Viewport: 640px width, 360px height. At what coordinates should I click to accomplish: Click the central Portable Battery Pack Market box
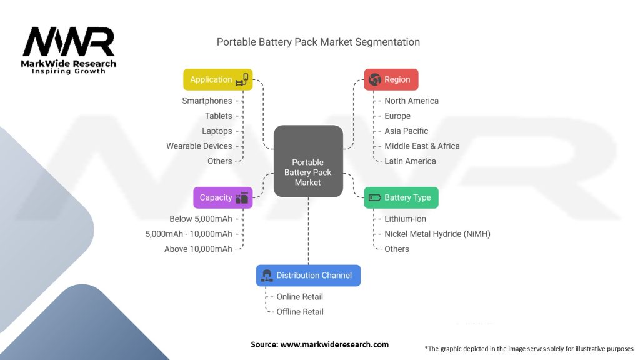[308, 161]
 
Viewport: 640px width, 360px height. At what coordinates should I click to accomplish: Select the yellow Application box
[218, 79]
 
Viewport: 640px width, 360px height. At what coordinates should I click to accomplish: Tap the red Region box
[391, 79]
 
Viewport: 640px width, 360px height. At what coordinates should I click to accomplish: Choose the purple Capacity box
[223, 197]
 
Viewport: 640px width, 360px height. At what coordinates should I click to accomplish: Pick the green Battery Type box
[401, 197]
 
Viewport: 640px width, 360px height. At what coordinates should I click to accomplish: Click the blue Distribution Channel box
[308, 276]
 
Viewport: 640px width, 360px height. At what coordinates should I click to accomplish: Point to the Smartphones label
[207, 101]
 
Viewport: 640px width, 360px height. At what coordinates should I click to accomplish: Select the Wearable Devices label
[199, 146]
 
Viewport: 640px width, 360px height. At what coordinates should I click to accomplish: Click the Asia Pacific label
[406, 131]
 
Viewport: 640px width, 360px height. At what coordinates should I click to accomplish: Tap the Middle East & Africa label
[422, 146]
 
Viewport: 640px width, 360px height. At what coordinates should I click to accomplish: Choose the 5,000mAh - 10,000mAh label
[189, 234]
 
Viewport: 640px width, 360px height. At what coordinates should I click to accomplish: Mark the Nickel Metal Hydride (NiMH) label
[437, 234]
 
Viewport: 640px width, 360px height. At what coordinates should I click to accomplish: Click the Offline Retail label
[300, 312]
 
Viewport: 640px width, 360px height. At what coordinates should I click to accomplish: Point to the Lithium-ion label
[405, 219]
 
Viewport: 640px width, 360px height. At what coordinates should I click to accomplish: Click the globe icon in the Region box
[375, 79]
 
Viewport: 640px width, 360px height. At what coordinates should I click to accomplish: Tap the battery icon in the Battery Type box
[375, 197]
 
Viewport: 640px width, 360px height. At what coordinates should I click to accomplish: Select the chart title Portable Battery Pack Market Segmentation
[318, 42]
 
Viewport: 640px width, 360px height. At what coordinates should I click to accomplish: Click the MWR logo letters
[69, 42]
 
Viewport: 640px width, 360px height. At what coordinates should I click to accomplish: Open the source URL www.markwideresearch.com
[334, 344]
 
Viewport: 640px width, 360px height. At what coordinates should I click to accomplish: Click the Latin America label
[410, 161]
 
